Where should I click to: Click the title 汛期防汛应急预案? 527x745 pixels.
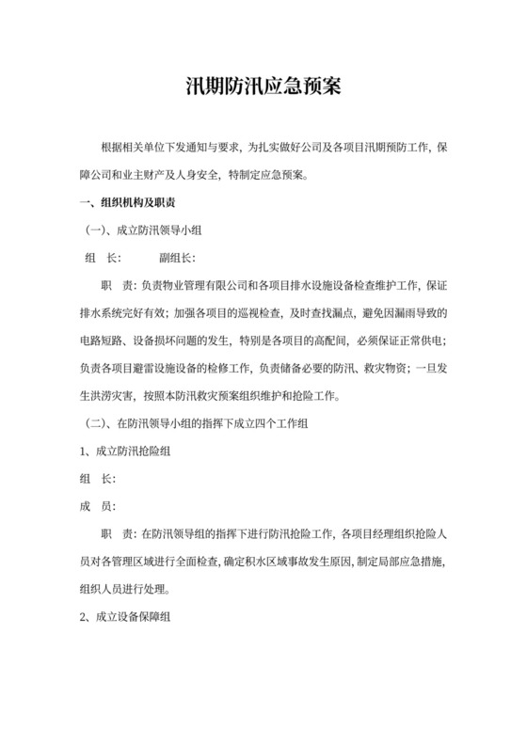click(x=263, y=88)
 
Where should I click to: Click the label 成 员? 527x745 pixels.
click(x=98, y=506)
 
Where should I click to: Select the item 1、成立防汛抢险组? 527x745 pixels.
click(x=125, y=452)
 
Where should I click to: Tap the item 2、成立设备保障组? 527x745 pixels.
click(x=125, y=617)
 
